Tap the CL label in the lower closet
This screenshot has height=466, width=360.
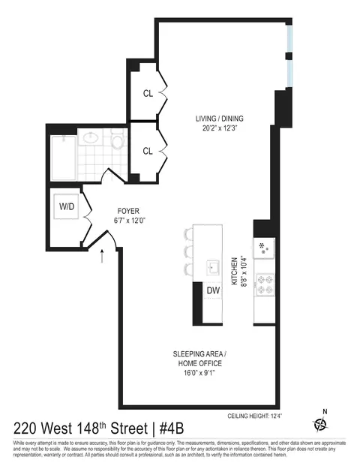[148, 150]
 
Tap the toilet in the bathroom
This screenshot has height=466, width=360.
[117, 143]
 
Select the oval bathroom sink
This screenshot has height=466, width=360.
[91, 138]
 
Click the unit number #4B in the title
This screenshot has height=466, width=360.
[187, 428]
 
